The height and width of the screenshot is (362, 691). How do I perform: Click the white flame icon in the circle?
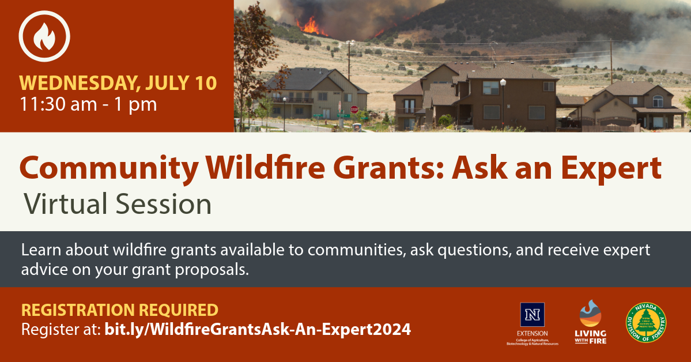coord(44,36)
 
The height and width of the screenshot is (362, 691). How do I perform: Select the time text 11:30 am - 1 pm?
coord(89,104)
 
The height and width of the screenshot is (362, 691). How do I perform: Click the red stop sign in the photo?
coord(354,109)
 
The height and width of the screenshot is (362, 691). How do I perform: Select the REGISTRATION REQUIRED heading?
coord(120,310)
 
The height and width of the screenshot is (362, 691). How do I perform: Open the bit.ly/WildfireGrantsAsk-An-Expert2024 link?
coord(257,330)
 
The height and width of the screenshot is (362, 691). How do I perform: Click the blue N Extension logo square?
coord(532,315)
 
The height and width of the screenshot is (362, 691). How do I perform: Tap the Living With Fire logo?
coord(591,322)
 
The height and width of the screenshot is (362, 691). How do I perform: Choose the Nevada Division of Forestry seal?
coord(646,323)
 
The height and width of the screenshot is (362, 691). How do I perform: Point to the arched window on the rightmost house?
coord(658,100)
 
